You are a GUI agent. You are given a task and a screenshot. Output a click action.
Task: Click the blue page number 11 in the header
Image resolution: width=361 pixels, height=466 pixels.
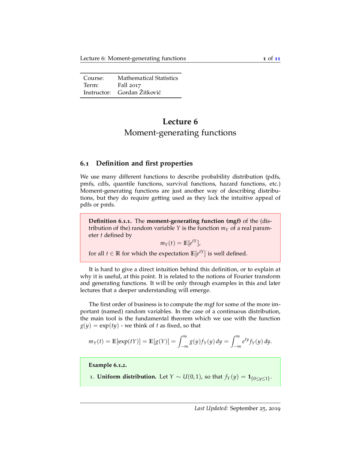click(277, 58)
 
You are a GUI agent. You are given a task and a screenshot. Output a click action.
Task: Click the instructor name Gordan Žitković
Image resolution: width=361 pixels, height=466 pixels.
click(139, 92)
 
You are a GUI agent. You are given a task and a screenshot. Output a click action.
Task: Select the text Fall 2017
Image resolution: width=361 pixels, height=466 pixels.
click(129, 85)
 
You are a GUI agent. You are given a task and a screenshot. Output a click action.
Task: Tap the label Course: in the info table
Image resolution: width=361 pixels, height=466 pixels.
click(93, 78)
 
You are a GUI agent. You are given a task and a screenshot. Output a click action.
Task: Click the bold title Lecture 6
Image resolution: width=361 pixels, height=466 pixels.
click(180, 122)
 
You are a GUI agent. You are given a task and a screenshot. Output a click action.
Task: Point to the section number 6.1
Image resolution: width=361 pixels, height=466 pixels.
click(84, 163)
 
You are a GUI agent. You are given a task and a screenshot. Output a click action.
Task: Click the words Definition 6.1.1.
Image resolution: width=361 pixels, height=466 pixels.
click(110, 221)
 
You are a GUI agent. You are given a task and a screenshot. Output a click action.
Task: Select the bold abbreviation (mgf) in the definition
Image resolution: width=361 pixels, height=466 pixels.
click(233, 221)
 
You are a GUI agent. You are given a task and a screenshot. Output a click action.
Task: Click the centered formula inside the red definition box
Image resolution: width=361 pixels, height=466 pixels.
click(180, 243)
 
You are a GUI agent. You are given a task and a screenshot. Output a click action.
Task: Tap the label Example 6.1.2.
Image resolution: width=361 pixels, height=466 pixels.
click(108, 365)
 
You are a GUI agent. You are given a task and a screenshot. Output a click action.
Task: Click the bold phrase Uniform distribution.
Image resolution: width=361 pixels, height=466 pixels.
click(127, 377)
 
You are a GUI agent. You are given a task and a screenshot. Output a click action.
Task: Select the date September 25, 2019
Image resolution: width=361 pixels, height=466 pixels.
click(255, 408)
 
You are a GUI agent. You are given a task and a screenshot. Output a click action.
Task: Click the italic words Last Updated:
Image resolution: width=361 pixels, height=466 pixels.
click(211, 408)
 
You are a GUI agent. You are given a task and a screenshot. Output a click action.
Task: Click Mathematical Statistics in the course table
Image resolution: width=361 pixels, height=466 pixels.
click(148, 78)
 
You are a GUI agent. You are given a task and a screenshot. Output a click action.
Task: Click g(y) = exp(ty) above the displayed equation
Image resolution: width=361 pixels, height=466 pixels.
click(99, 326)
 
